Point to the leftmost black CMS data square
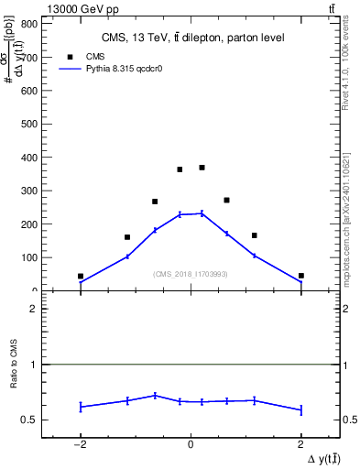(x=81, y=276)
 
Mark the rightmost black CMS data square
(x=300, y=275)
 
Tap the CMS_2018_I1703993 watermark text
(x=190, y=274)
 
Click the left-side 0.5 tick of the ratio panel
(x=32, y=420)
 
